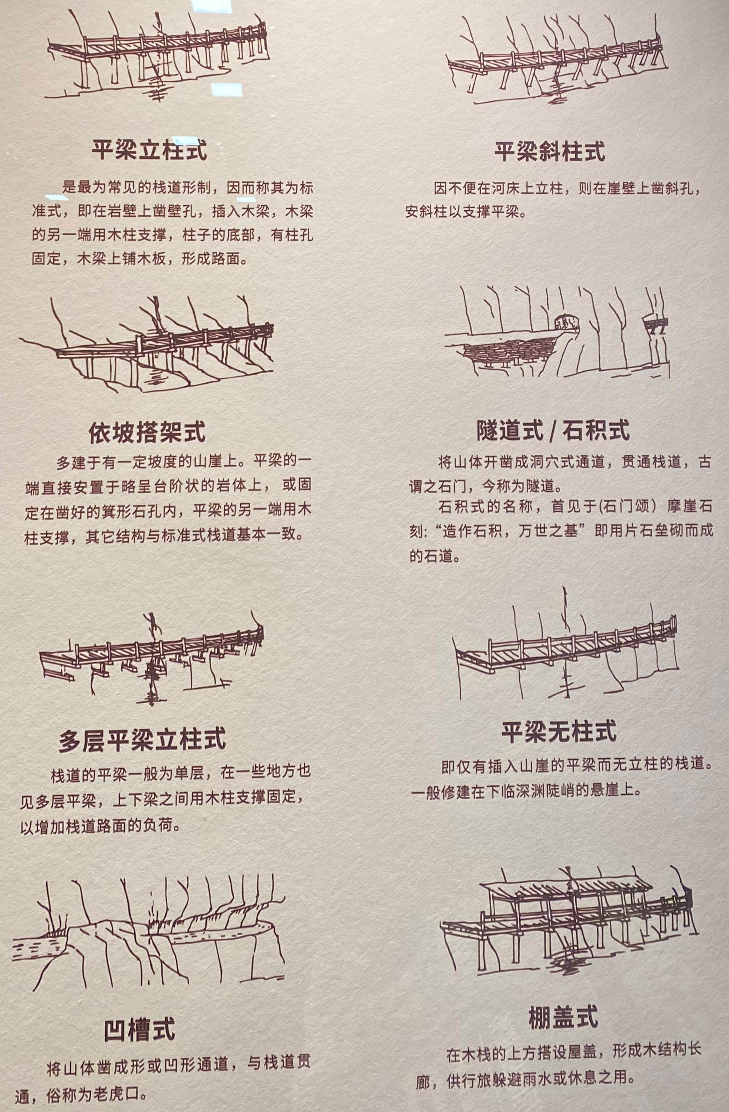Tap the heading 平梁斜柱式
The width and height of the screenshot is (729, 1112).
550,151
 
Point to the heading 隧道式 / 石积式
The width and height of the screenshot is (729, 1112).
553,430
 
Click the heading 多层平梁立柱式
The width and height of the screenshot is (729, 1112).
142,739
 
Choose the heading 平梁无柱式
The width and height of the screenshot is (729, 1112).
559,731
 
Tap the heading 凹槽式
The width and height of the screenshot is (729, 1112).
139,1028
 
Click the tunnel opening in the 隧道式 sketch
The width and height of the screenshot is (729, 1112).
566,322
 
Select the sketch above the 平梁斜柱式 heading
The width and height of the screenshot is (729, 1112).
557,58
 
